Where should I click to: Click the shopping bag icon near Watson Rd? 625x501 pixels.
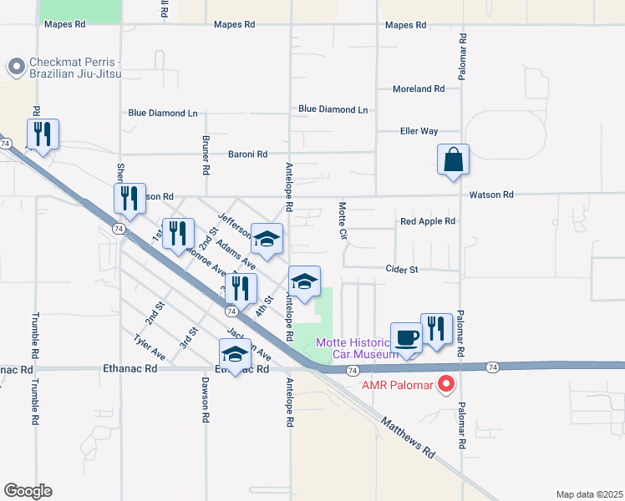pyautogui.click(x=453, y=159)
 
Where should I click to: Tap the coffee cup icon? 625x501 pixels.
pyautogui.click(x=407, y=338)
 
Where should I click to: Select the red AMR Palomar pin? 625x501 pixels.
pyautogui.click(x=446, y=384)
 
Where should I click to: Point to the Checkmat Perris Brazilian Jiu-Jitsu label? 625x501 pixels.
pyautogui.click(x=75, y=68)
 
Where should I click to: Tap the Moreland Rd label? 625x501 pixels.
pyautogui.click(x=419, y=89)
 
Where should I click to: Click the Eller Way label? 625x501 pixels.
pyautogui.click(x=419, y=131)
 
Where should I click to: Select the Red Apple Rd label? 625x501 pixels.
pyautogui.click(x=428, y=221)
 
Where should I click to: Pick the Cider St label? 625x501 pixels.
pyautogui.click(x=402, y=269)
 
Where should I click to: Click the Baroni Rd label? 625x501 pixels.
pyautogui.click(x=247, y=154)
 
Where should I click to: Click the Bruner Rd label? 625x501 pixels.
pyautogui.click(x=206, y=154)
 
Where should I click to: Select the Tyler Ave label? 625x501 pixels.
pyautogui.click(x=150, y=347)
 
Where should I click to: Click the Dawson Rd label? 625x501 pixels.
pyautogui.click(x=205, y=400)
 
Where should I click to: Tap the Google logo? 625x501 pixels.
pyautogui.click(x=28, y=491)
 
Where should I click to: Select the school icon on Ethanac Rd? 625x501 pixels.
pyautogui.click(x=236, y=355)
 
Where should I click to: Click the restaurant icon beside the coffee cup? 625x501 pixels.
pyautogui.click(x=436, y=329)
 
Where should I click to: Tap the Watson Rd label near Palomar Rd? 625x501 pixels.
pyautogui.click(x=491, y=195)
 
